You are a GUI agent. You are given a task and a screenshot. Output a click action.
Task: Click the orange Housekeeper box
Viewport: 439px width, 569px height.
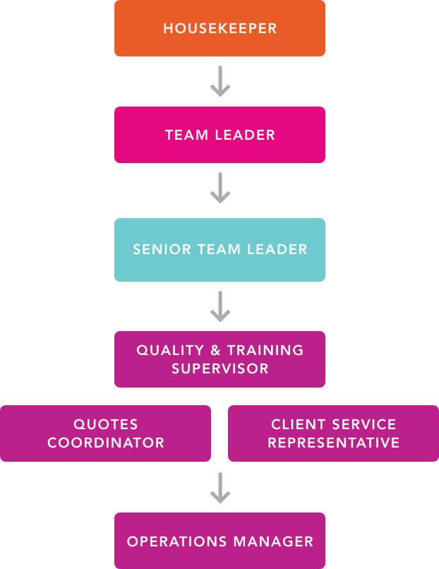[220, 29]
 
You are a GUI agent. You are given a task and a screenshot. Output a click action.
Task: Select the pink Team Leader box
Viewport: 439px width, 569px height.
[220, 135]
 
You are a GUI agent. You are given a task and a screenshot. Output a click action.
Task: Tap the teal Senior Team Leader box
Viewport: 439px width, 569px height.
[220, 249]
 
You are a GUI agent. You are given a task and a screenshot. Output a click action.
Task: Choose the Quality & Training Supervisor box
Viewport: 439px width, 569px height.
[220, 359]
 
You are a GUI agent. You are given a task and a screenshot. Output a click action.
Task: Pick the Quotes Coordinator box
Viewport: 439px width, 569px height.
[105, 433]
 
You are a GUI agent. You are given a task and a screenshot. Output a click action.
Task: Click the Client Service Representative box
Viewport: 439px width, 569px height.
[333, 433]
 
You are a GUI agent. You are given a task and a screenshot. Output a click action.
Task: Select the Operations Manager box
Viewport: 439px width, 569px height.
[220, 541]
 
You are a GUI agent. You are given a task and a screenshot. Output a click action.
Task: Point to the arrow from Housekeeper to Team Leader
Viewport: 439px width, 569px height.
[220, 82]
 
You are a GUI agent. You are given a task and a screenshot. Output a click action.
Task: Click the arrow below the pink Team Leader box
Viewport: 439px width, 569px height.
[220, 188]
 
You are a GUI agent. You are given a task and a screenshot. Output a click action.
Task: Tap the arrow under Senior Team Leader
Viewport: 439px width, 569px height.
[220, 306]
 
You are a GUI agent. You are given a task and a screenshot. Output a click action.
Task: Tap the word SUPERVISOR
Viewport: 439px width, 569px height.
[220, 369]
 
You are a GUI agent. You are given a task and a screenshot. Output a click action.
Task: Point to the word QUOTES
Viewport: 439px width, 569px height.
[106, 424]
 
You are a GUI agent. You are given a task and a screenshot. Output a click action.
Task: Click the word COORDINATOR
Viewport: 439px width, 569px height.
[106, 443]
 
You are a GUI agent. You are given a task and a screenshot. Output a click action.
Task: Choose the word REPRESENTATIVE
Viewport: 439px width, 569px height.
[334, 443]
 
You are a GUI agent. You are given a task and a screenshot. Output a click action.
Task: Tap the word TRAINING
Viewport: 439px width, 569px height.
[265, 350]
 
